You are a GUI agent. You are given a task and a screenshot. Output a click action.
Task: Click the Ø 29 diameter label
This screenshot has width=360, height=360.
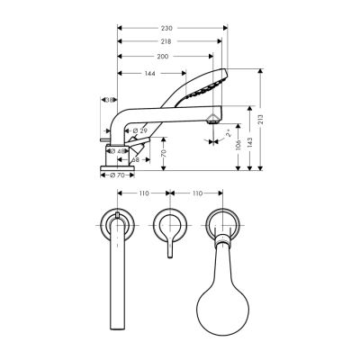(140, 131)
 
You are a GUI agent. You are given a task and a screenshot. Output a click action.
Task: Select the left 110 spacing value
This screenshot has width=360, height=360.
(142, 193)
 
